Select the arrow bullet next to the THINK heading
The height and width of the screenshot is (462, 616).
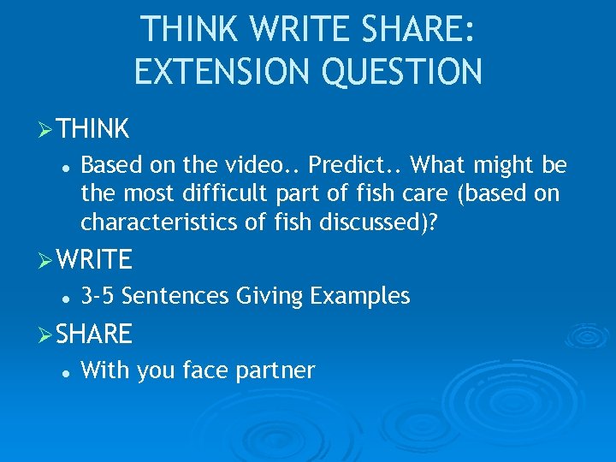(47, 129)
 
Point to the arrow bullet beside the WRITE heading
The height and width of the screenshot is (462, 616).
(47, 259)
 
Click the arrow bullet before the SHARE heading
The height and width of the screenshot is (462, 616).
(47, 334)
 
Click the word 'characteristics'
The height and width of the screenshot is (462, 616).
(160, 222)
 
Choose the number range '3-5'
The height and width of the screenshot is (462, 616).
(98, 296)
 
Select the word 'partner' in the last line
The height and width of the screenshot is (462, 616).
(279, 370)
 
